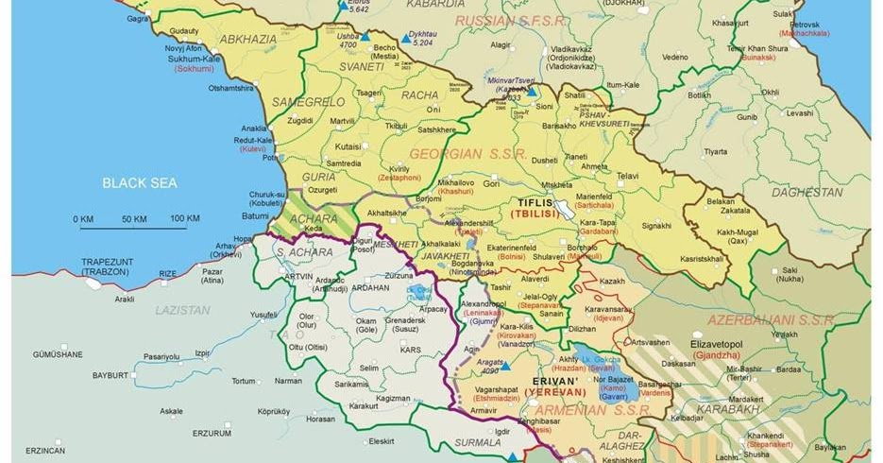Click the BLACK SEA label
140,183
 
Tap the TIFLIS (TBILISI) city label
537,209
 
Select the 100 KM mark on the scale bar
184,219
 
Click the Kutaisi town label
348,147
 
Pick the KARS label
411,351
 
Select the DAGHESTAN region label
807,192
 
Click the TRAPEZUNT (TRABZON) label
110,267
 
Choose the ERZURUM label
212,434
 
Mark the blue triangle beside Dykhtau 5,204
404,40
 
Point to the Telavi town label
628,176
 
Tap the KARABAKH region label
728,409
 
